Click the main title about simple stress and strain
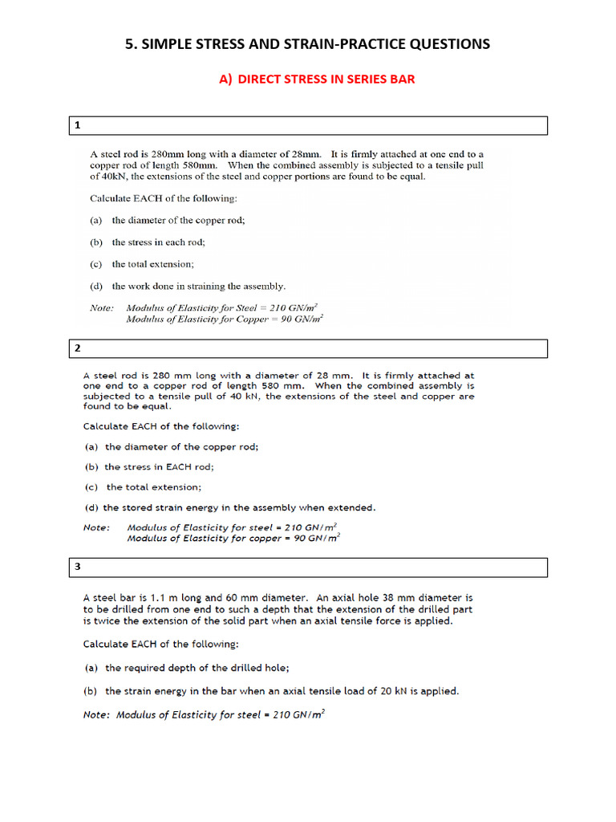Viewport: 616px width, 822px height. click(307, 44)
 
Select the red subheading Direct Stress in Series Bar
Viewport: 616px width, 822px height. click(317, 79)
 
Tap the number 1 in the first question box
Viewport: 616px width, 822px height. click(78, 126)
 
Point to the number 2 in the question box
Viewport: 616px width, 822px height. click(78, 348)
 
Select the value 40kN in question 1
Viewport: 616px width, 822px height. click(103, 176)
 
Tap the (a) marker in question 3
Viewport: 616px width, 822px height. click(91, 668)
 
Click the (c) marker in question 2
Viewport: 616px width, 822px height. click(91, 486)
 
